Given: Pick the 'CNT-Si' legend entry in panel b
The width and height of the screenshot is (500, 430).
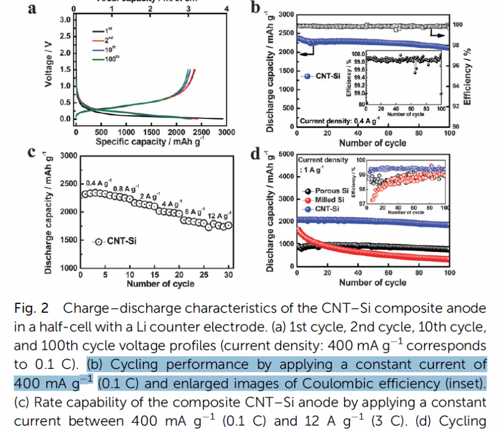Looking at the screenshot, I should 322,76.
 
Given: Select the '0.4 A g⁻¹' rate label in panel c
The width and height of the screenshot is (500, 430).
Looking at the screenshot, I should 99,183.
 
